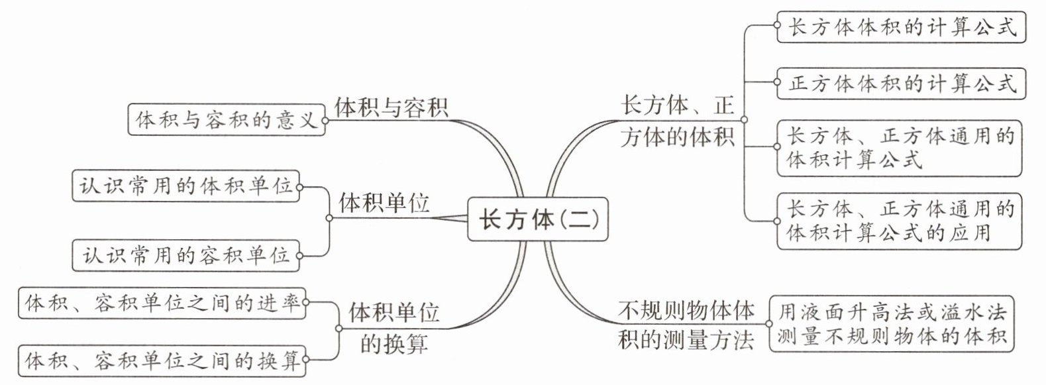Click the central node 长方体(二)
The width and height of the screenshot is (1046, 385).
537,219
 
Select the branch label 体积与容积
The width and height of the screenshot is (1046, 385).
391,107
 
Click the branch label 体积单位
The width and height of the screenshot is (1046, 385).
384,203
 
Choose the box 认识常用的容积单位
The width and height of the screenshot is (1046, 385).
185,254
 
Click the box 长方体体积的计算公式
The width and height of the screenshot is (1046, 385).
902,27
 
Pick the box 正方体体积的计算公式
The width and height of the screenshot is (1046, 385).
902,83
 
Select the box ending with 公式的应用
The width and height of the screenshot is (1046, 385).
900,221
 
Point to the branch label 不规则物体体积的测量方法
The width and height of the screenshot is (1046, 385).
686,325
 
